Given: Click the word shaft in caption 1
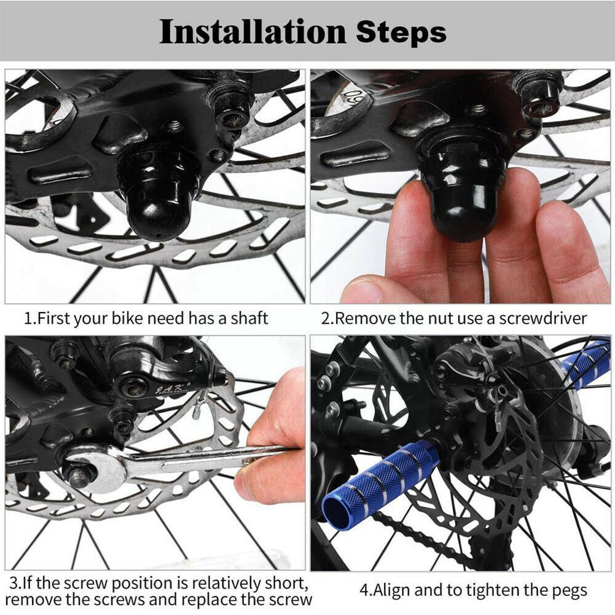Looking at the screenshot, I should point(250,318).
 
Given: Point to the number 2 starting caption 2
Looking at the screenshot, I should point(326,318).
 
